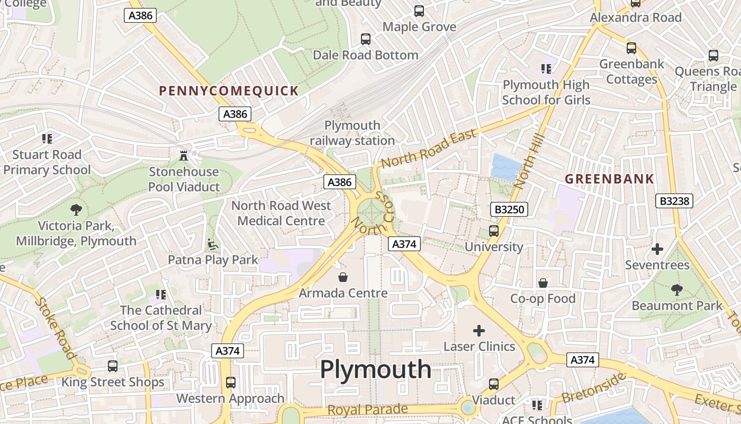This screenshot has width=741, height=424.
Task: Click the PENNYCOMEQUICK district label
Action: tap(229, 91)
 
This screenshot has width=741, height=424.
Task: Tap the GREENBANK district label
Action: tap(609, 179)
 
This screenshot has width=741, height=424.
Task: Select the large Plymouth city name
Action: tap(376, 369)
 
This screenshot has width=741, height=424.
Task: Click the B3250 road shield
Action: tap(509, 209)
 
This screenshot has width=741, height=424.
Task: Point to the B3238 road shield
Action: tap(674, 201)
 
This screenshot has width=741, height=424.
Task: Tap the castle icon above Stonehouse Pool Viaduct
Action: tap(184, 156)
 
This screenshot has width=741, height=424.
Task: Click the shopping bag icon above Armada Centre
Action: tap(343, 277)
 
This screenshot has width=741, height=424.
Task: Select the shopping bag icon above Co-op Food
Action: tap(543, 283)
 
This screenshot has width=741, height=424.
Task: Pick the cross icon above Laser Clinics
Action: tap(479, 331)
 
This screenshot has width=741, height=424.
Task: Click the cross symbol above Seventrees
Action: tap(657, 249)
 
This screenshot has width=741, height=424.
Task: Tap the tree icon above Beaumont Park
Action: tap(676, 290)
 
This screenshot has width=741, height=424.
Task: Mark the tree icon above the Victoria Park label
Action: tap(76, 209)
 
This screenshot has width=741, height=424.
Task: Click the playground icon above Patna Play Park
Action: tap(213, 244)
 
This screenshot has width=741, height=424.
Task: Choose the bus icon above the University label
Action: tap(494, 231)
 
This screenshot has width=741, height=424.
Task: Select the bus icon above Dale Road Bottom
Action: tap(365, 39)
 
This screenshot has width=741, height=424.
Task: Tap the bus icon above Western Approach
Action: tap(230, 382)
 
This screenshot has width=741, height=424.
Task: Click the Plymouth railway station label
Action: tap(352, 133)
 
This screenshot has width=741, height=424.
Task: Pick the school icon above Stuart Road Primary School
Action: tap(47, 139)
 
